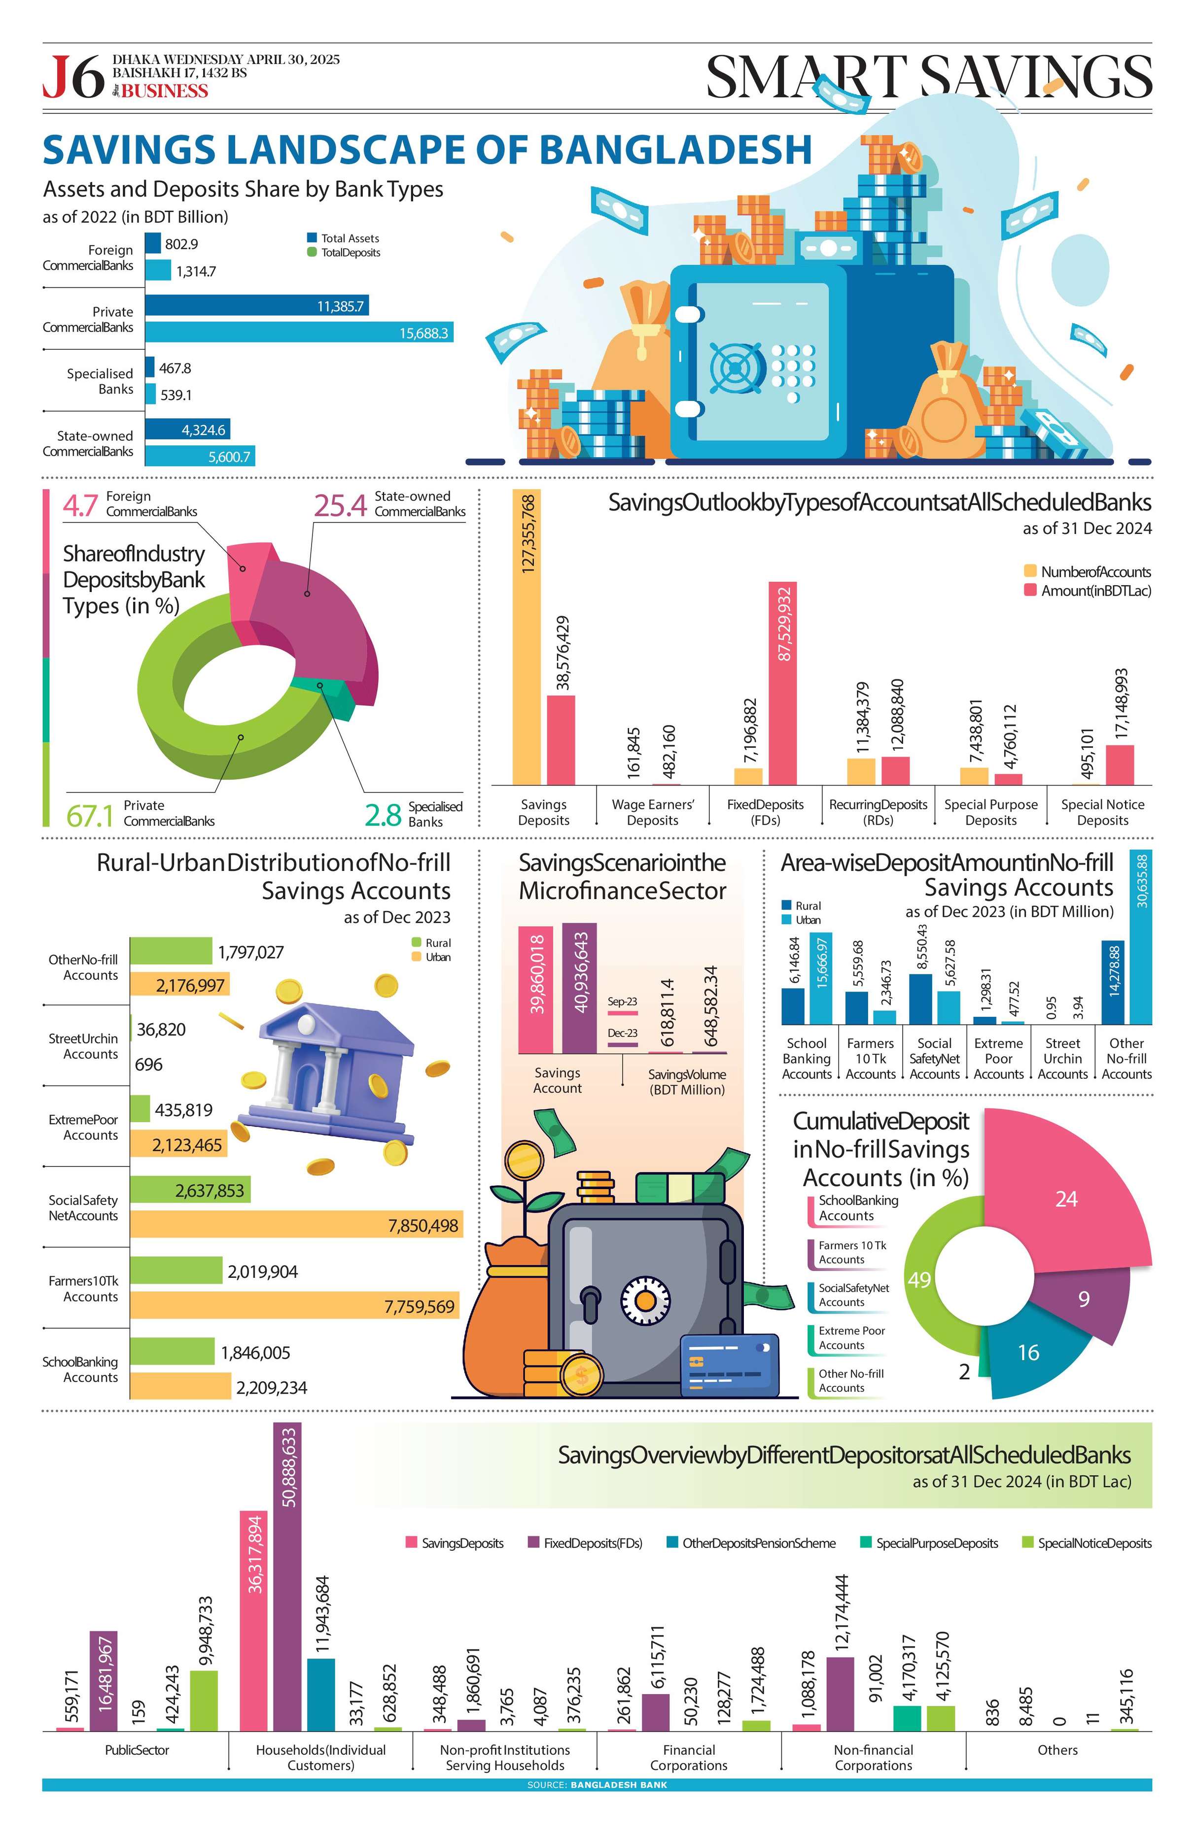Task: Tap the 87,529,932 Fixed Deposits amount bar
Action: tap(783, 682)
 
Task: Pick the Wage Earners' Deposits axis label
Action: tap(652, 811)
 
